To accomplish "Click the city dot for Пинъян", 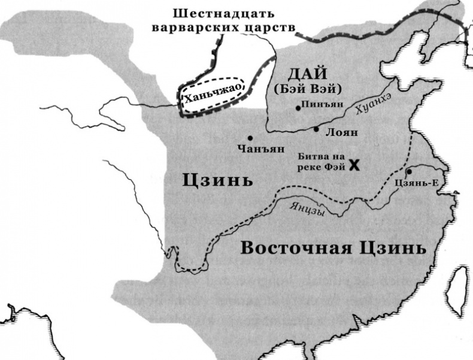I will coord(298,108).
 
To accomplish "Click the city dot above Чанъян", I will coord(250,137).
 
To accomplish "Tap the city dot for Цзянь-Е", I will coord(409,171).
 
